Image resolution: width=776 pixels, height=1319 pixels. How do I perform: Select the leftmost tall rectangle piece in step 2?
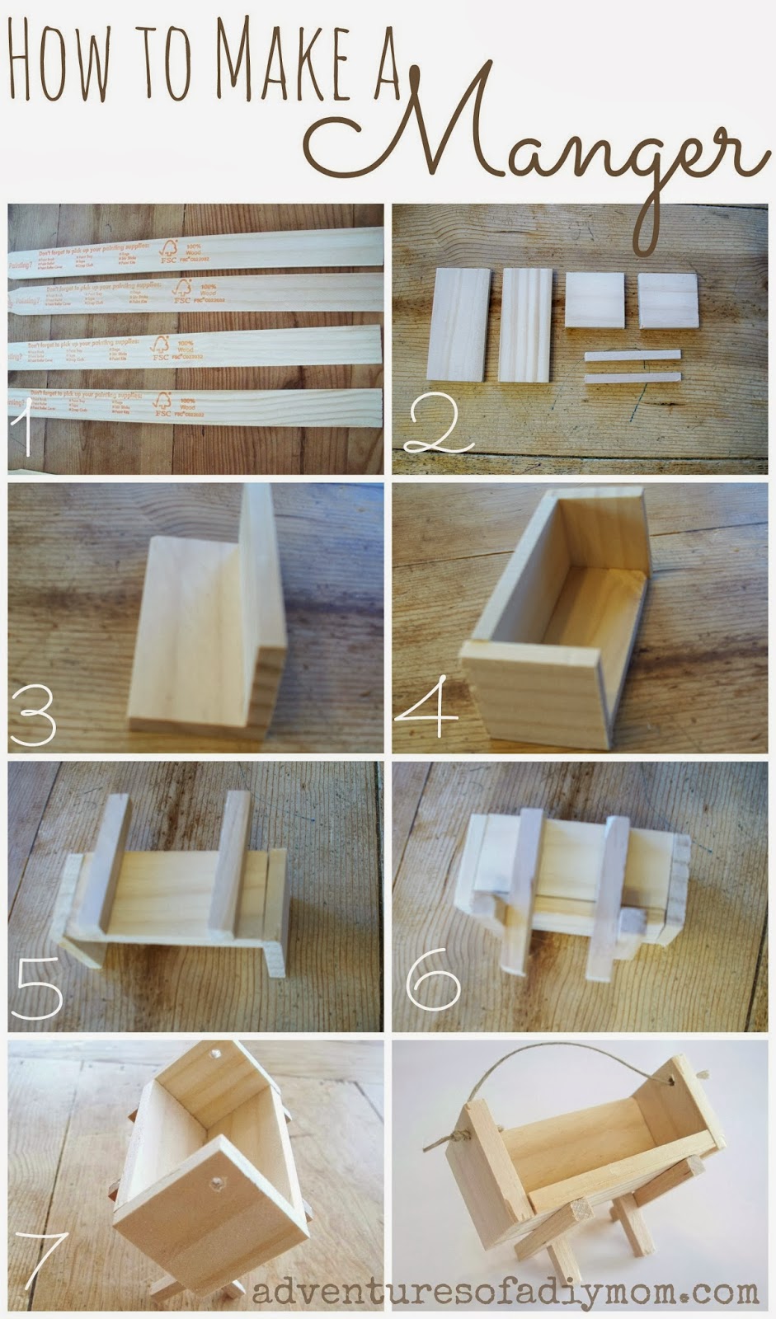point(459,323)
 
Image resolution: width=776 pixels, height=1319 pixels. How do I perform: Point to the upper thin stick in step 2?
point(633,355)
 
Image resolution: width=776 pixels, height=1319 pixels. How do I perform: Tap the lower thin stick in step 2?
point(633,378)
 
